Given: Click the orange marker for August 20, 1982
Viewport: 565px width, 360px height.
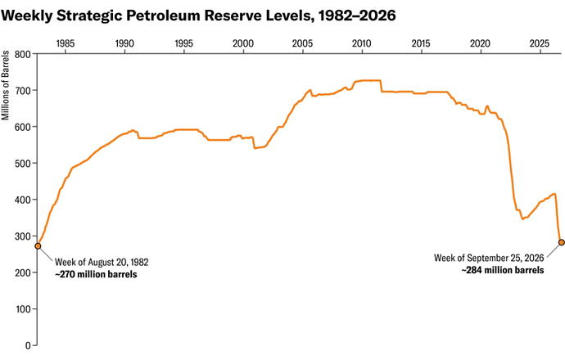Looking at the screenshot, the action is (x=38, y=246).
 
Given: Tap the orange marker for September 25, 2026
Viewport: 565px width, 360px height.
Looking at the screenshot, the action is (x=562, y=242).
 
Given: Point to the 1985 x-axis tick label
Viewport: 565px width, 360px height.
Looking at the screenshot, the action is (x=66, y=43).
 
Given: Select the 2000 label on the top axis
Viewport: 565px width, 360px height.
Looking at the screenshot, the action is (x=243, y=43).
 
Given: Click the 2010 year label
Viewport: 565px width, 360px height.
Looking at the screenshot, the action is (x=361, y=43).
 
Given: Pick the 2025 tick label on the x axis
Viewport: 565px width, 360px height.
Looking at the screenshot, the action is (x=540, y=43).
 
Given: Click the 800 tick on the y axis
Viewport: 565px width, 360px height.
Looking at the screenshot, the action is (x=23, y=54).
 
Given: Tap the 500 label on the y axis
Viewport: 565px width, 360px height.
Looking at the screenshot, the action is (x=23, y=163).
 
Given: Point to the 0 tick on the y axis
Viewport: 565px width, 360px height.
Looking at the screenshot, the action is (x=28, y=345).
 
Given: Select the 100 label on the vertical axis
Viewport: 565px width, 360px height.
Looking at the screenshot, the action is (x=23, y=309).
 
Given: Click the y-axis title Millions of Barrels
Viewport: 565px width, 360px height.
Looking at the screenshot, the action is (x=5, y=85).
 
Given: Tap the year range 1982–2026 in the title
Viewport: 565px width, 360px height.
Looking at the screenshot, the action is (x=357, y=16).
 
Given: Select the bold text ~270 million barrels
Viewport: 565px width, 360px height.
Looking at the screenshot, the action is (x=96, y=274).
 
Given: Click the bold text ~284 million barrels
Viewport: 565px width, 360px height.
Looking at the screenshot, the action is (x=503, y=270).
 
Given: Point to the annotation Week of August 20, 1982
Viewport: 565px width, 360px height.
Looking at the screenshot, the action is (x=102, y=262).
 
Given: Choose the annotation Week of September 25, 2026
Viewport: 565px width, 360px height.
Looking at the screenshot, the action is (x=489, y=258).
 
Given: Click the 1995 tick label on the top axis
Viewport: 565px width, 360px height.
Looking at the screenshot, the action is (x=183, y=43).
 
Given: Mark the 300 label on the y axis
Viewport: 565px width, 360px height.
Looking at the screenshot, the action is (x=23, y=236).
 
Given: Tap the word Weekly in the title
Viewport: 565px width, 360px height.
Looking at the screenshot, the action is (x=27, y=16).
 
